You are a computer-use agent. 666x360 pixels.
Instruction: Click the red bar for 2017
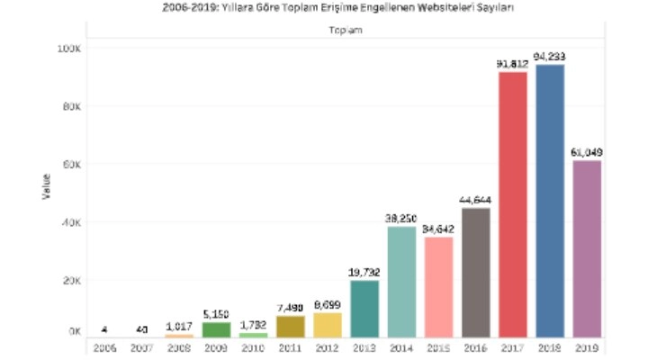click(512, 203)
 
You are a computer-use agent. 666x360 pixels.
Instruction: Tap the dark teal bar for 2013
click(364, 308)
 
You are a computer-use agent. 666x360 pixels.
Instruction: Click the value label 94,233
click(550, 56)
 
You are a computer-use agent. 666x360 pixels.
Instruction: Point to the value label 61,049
click(587, 152)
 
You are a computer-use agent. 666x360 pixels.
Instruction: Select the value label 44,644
click(475, 200)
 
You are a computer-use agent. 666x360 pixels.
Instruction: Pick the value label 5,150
click(215, 314)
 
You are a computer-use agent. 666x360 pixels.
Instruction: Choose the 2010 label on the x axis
click(252, 346)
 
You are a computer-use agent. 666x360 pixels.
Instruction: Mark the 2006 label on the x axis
click(103, 346)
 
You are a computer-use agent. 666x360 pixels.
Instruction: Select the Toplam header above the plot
click(345, 30)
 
